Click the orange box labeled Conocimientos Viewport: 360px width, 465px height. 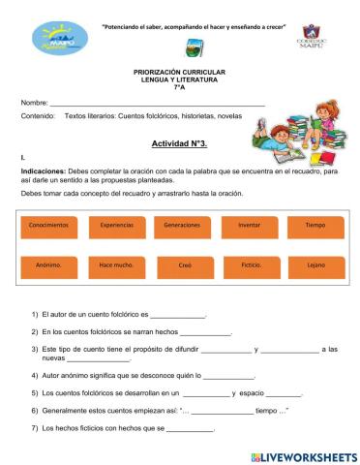[49, 225]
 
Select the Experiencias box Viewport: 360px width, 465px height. [116, 225]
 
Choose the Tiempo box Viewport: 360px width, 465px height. [315, 225]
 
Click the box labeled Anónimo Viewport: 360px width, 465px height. [49, 263]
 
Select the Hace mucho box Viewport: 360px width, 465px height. [116, 263]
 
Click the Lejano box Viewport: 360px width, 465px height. [315, 263]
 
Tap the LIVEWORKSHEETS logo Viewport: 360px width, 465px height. [303, 456]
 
